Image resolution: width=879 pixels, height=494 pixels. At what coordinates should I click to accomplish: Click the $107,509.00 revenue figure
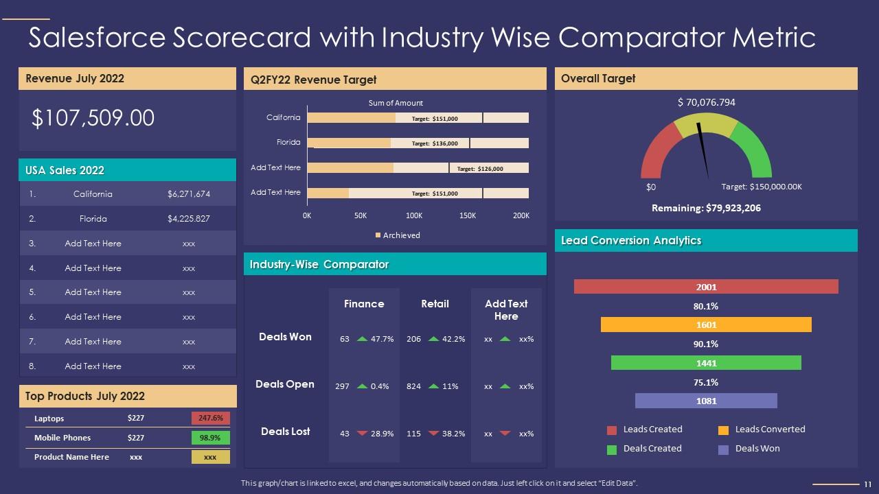click(x=93, y=118)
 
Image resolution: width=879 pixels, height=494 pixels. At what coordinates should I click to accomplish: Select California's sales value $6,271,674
click(x=188, y=194)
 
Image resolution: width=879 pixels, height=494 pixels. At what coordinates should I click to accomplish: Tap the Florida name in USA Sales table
click(x=93, y=219)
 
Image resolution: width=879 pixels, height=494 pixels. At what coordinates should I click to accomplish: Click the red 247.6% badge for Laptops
click(x=210, y=418)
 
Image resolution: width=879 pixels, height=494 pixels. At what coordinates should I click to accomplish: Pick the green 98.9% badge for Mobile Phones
click(x=210, y=438)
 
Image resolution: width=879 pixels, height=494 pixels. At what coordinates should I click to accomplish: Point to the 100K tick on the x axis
click(x=414, y=215)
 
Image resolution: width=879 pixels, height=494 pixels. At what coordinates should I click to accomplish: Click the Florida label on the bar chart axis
click(x=288, y=143)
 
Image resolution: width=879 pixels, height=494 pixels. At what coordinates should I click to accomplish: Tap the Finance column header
click(x=364, y=304)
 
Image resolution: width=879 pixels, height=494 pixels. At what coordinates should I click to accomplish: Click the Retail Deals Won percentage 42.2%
click(x=454, y=339)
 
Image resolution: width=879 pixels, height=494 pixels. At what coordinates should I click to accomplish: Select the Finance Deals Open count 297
click(x=342, y=386)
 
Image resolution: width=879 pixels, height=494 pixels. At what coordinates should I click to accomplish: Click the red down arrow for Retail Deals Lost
click(x=433, y=433)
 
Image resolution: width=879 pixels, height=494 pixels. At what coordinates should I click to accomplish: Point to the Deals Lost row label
click(x=285, y=432)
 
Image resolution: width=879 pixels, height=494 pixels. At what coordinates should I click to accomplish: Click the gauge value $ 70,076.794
click(x=706, y=102)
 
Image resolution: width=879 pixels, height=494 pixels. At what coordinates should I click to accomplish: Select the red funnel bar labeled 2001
click(x=706, y=287)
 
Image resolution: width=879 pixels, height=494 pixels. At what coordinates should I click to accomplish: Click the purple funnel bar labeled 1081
click(x=706, y=401)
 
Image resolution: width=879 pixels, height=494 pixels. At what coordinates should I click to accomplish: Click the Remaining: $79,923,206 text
click(x=706, y=208)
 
